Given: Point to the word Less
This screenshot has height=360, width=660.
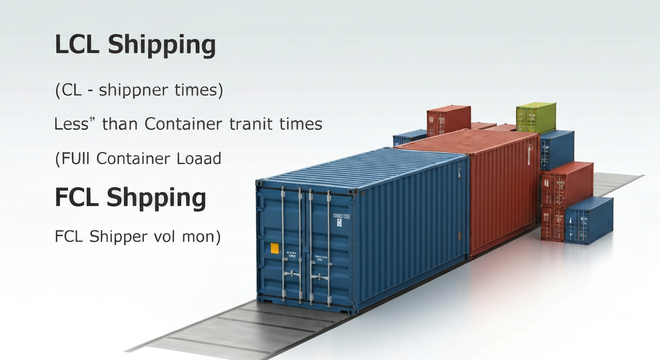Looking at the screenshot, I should coord(71,124).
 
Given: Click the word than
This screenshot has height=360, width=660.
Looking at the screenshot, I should coord(120,124).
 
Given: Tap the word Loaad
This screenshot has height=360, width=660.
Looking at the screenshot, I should coord(199,158).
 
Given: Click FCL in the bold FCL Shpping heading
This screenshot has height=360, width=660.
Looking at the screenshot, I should coord(77,197).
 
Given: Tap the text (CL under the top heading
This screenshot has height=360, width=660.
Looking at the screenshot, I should coord(68,90).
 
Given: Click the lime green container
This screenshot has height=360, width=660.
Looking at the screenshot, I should coord(535,118).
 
